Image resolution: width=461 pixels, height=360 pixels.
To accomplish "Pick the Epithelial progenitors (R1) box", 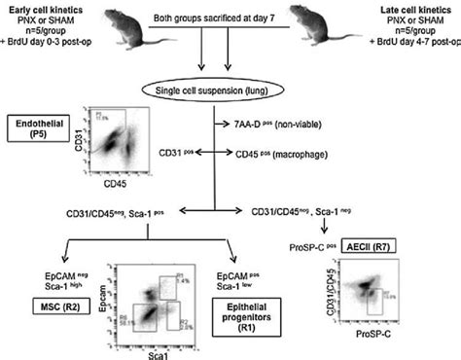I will [x=234, y=312].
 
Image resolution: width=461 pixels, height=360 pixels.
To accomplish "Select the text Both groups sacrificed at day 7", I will [x=207, y=18].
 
